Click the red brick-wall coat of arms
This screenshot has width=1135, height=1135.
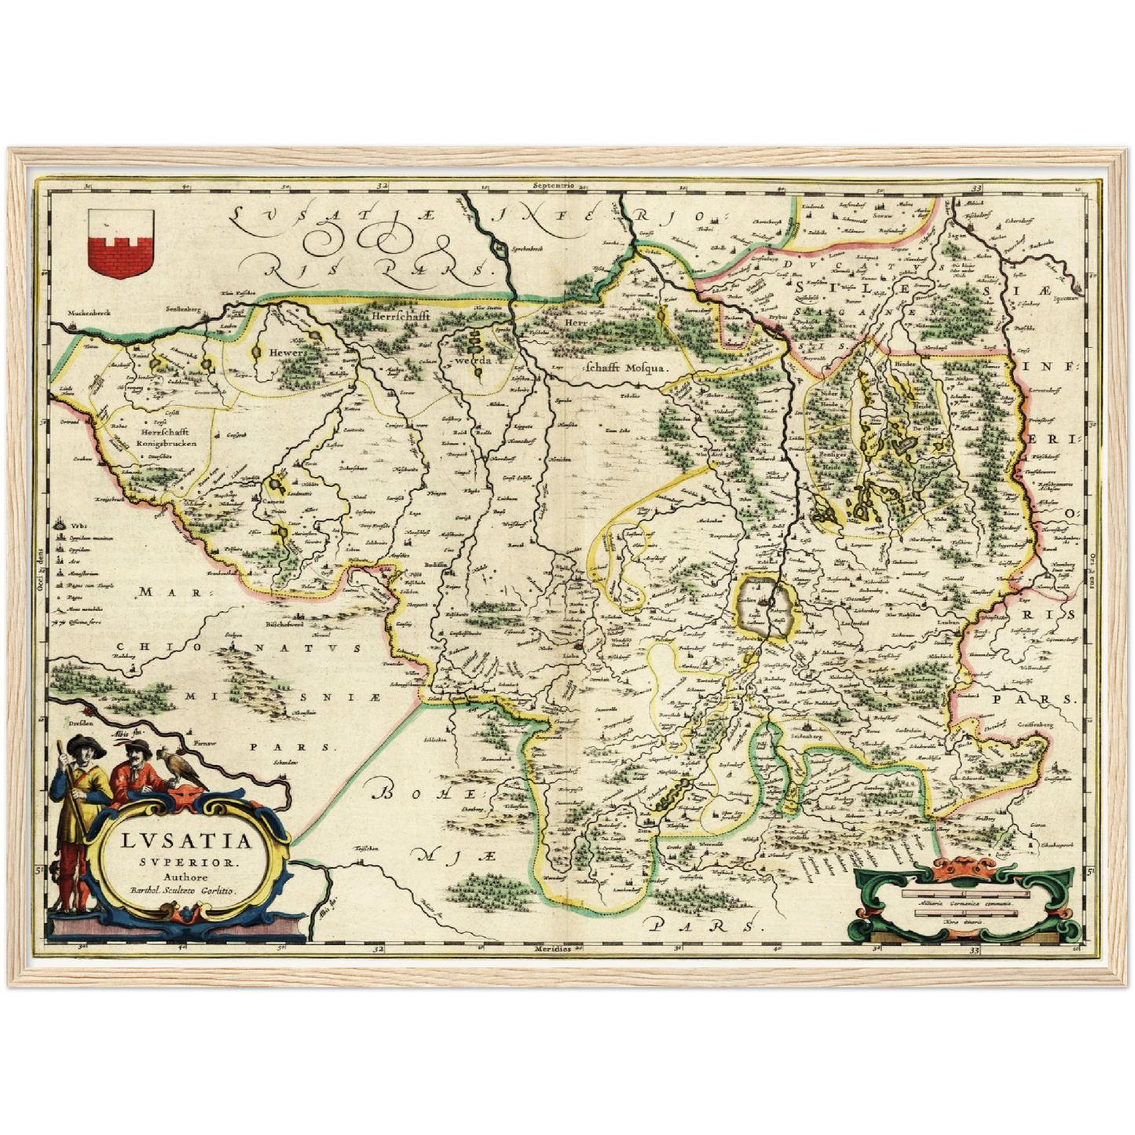[x=119, y=243]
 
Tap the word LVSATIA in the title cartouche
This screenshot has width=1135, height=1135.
[x=188, y=841]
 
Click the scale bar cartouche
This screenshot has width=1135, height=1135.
[x=966, y=903]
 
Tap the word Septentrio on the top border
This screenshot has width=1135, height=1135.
[x=552, y=186]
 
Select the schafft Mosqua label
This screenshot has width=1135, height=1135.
[x=626, y=367]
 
